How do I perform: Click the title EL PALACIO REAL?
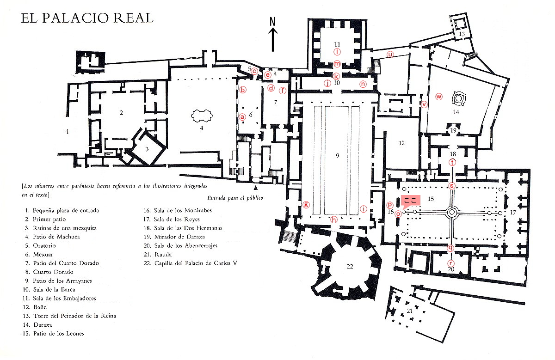coord(87,18)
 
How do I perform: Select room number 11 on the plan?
coord(338,44)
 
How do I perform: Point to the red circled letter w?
coord(439,97)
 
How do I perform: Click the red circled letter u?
coord(390,55)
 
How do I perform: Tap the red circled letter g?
coord(305,204)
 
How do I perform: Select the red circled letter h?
coord(334,220)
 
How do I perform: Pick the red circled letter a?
coord(242,117)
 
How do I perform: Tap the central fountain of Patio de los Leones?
coord(452,212)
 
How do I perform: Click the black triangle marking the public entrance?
coord(255,188)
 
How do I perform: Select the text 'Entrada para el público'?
coord(235,198)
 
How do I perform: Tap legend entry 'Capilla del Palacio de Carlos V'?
coord(193,263)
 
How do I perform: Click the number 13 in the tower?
coord(462,34)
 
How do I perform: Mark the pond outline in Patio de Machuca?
coord(201,116)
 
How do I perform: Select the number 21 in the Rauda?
coord(410,311)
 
